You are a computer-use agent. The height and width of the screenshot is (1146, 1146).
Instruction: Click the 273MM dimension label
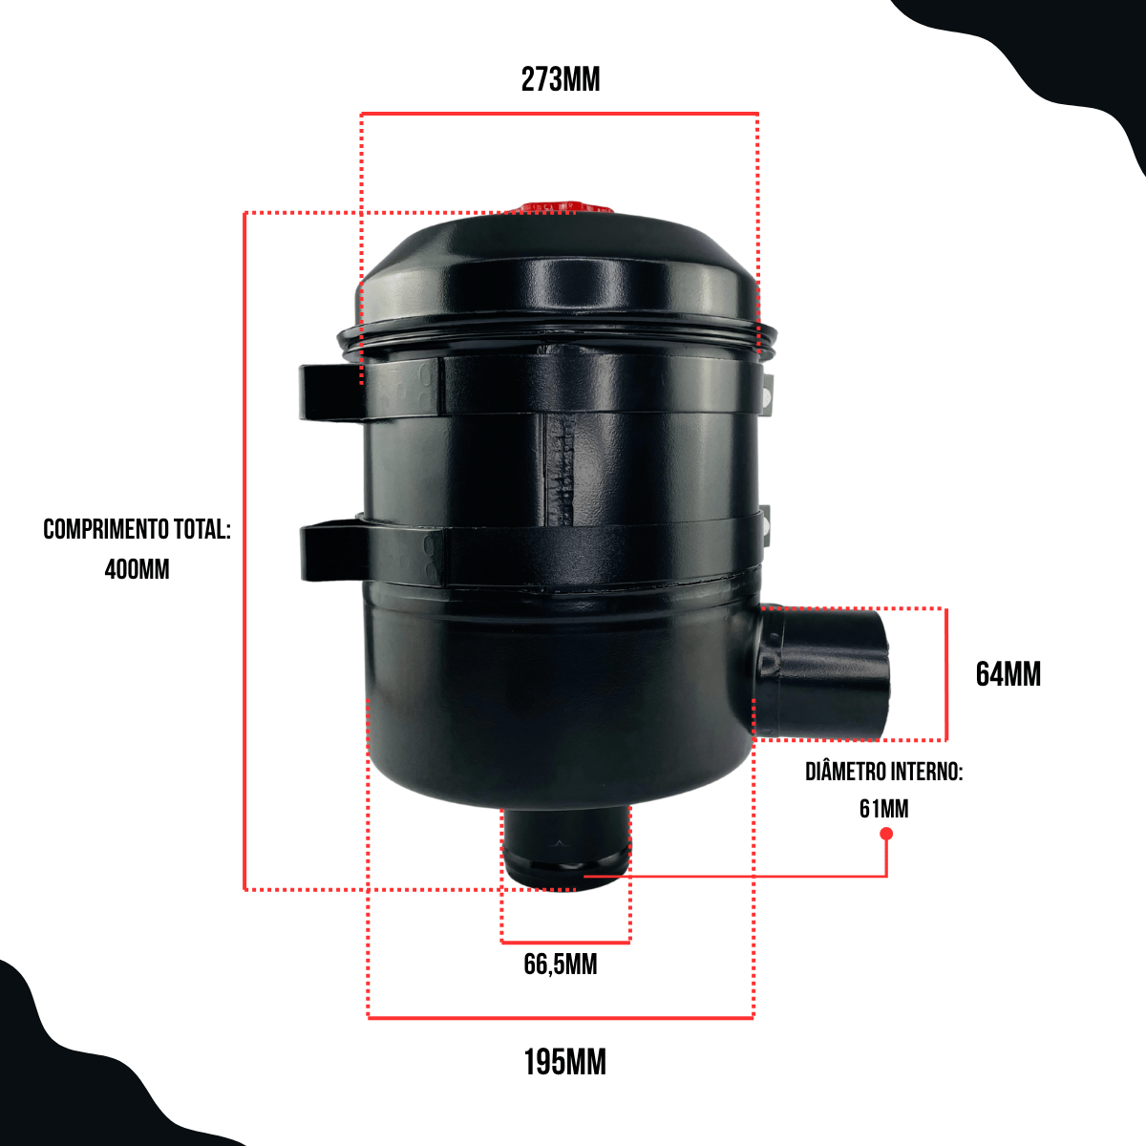click(x=561, y=79)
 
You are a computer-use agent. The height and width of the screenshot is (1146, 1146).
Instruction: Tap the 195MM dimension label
click(x=564, y=1063)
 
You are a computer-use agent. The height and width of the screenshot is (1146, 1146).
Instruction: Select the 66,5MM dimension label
click(x=561, y=965)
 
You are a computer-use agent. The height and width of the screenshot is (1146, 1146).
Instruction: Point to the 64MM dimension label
click(x=1008, y=674)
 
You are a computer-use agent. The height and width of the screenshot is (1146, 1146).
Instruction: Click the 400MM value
click(x=137, y=569)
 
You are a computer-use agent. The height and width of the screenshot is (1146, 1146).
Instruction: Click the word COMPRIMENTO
click(x=105, y=529)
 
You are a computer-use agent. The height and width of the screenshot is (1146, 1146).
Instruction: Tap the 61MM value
click(x=883, y=809)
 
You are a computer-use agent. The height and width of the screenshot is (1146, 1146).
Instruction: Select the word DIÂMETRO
click(x=841, y=772)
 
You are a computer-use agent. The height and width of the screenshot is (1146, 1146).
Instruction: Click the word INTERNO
click(x=923, y=772)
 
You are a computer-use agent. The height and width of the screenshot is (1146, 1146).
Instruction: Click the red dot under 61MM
click(x=886, y=834)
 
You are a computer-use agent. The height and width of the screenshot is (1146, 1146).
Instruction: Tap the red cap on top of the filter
click(x=565, y=207)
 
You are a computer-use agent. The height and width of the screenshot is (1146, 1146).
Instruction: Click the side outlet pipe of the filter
click(x=823, y=672)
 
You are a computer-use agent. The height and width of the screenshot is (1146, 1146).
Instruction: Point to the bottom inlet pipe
click(x=566, y=849)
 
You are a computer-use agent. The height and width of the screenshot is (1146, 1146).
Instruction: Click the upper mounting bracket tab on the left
click(x=330, y=393)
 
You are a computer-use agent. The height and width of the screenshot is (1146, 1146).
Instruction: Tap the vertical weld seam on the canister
click(x=561, y=470)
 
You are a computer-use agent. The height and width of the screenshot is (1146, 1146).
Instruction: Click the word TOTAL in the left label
click(x=202, y=529)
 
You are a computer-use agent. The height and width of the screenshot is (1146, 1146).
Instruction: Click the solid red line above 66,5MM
click(x=565, y=942)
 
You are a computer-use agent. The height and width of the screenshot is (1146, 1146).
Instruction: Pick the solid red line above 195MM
click(x=561, y=1018)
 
